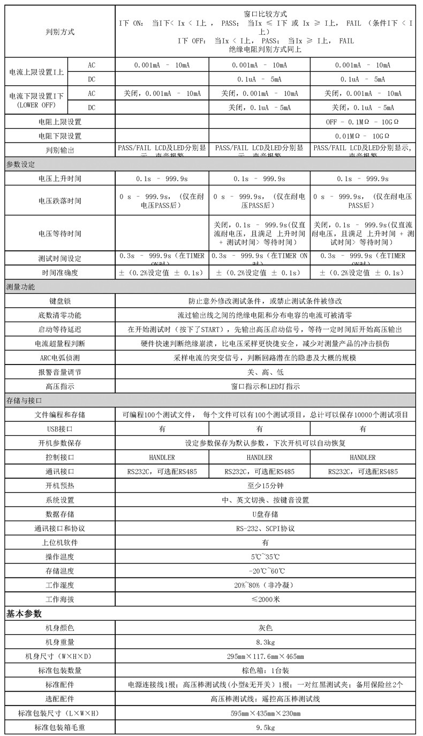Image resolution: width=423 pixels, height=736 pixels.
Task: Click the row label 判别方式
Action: (60, 32)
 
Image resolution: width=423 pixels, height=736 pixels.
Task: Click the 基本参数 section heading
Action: (24, 614)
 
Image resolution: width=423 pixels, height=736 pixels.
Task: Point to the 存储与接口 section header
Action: (24, 400)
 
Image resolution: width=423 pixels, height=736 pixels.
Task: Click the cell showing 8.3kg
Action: (265, 642)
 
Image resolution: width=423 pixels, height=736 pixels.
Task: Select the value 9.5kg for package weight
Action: (265, 727)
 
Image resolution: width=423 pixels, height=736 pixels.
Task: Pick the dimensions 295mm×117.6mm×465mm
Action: (265, 656)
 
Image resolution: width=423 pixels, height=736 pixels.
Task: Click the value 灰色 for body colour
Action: (265, 628)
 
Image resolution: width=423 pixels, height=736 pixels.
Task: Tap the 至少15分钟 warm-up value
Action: (265, 486)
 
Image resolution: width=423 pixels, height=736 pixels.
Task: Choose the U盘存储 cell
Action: (265, 514)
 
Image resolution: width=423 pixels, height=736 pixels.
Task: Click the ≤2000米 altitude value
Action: (265, 599)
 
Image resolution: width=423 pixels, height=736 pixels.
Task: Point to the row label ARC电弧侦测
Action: (60, 358)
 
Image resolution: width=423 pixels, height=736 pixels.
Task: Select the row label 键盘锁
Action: (60, 301)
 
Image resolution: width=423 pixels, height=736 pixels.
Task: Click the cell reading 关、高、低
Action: (265, 371)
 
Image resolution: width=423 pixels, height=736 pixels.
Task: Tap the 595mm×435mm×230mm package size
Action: (265, 713)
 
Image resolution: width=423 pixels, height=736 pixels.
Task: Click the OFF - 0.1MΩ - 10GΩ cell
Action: (362, 122)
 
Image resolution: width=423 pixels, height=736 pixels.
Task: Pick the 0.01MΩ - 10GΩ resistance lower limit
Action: (362, 136)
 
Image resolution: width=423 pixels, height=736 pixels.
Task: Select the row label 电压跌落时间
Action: (60, 200)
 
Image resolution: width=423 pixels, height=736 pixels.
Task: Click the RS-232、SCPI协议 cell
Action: (265, 528)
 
